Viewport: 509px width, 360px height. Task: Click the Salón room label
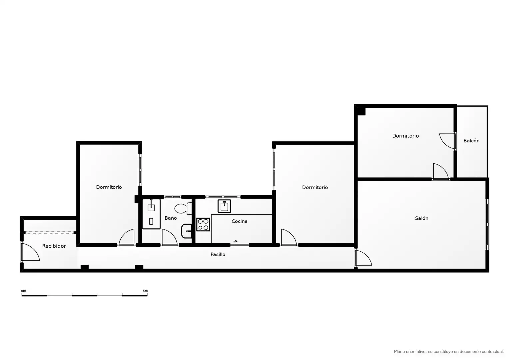pyautogui.click(x=421, y=218)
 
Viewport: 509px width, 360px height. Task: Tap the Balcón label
pyautogui.click(x=471, y=141)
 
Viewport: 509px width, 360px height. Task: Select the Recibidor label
pyautogui.click(x=54, y=246)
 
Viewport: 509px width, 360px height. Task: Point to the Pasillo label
pyautogui.click(x=218, y=254)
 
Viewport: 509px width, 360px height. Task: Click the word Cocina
pyautogui.click(x=239, y=221)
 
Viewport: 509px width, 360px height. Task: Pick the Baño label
pyautogui.click(x=171, y=218)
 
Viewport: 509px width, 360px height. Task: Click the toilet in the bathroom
pyautogui.click(x=183, y=208)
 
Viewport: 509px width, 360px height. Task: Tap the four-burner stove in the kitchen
pyautogui.click(x=203, y=224)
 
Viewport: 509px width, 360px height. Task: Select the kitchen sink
pyautogui.click(x=224, y=206)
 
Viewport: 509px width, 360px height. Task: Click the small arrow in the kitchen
pyautogui.click(x=235, y=241)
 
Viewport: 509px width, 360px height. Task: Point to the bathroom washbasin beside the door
pyautogui.click(x=186, y=231)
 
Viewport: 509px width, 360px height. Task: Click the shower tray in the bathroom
pyautogui.click(x=151, y=214)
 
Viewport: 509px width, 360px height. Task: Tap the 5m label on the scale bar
pyautogui.click(x=145, y=291)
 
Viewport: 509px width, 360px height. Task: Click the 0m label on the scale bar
pyautogui.click(x=23, y=291)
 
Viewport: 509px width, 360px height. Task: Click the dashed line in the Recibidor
pyautogui.click(x=49, y=232)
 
